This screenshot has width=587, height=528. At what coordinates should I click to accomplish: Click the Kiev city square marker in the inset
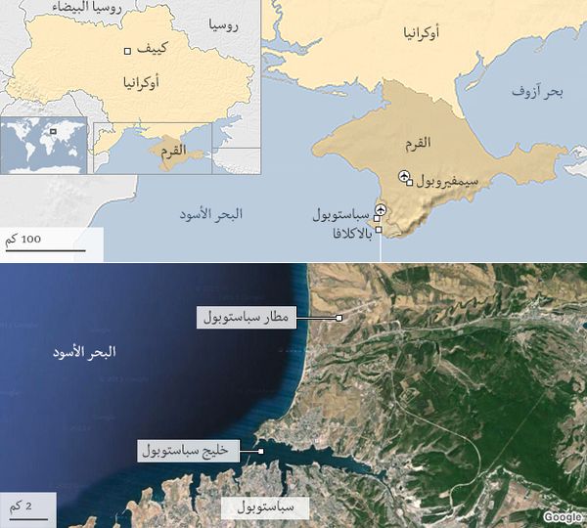tap(127, 51)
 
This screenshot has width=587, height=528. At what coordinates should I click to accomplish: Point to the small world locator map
tap(43, 146)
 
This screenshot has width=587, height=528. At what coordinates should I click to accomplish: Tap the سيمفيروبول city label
tap(446, 182)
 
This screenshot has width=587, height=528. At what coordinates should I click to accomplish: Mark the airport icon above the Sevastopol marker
tap(380, 206)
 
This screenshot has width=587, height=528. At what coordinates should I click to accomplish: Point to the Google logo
tap(563, 517)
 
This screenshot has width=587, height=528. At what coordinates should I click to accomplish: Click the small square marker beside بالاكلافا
tap(379, 230)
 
